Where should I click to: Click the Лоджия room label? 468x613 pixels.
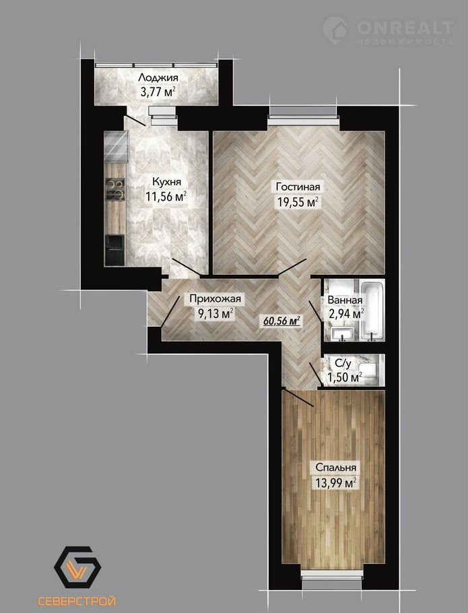click(x=158, y=77)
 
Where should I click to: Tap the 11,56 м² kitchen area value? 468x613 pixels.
click(x=166, y=196)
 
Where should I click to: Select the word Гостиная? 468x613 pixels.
click(x=298, y=187)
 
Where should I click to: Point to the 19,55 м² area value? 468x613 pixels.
click(x=298, y=202)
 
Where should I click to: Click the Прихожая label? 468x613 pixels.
click(x=215, y=299)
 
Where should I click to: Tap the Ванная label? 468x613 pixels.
click(x=345, y=300)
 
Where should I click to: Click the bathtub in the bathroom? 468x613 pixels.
click(x=372, y=310)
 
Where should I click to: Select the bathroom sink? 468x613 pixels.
click(x=343, y=333)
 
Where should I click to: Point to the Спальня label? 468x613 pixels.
click(x=335, y=467)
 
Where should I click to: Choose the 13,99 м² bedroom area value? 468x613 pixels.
click(x=335, y=483)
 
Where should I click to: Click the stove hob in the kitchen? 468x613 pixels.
click(x=115, y=189)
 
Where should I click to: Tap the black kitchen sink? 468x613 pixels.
click(x=114, y=250)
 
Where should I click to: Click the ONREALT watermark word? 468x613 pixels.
click(x=405, y=28)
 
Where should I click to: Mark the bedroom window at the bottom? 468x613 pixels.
click(x=333, y=575)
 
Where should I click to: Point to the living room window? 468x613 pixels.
click(x=303, y=116)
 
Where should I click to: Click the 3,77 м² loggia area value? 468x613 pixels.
click(x=158, y=93)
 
